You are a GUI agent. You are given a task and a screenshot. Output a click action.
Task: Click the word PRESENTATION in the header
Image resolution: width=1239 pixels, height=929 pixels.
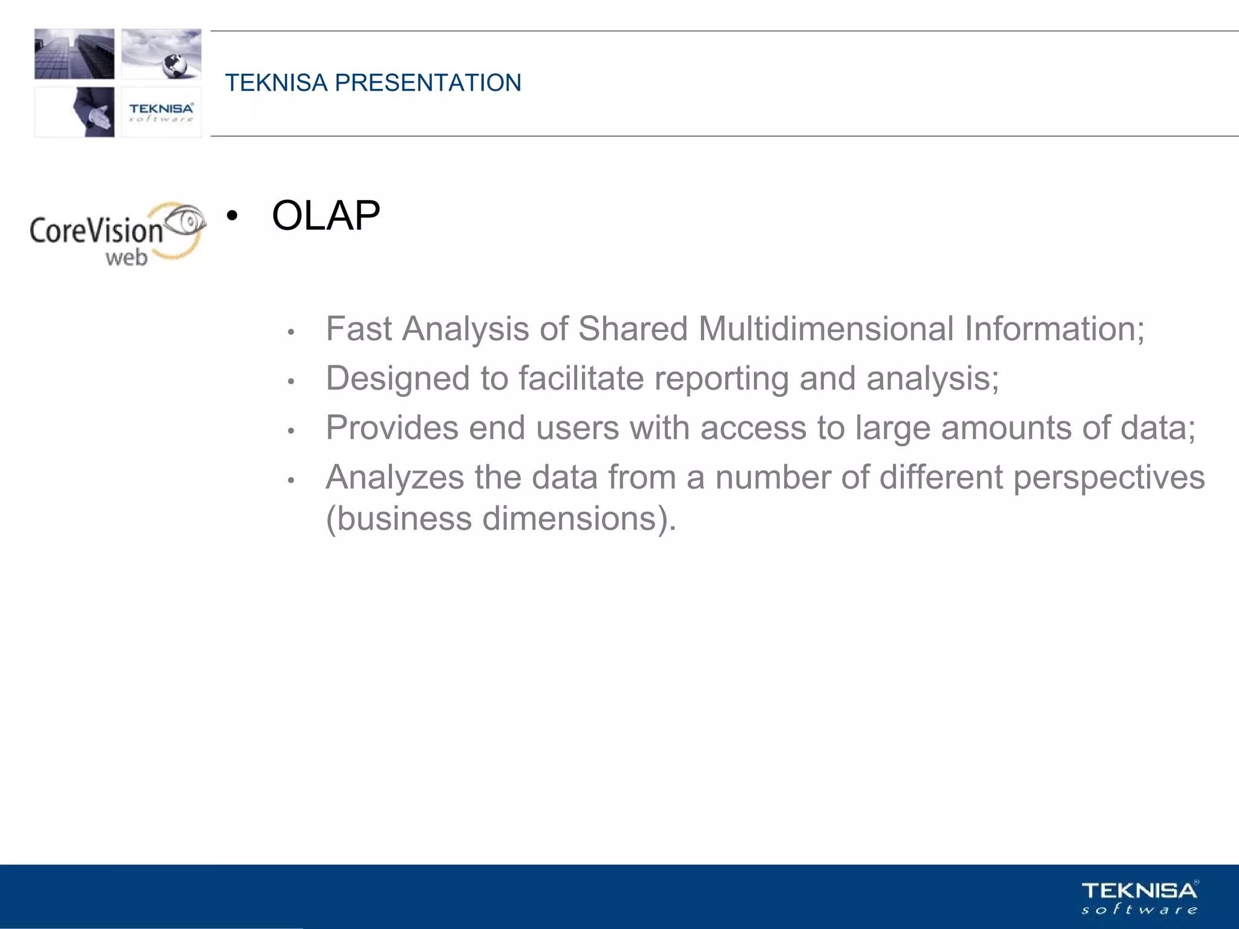click(x=428, y=83)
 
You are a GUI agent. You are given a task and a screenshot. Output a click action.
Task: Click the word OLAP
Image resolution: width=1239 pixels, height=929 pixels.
click(x=325, y=216)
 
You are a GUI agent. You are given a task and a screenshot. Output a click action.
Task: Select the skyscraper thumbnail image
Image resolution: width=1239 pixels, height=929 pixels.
click(x=74, y=54)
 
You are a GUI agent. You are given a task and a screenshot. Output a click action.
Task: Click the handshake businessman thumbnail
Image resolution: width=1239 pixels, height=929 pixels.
click(x=91, y=112)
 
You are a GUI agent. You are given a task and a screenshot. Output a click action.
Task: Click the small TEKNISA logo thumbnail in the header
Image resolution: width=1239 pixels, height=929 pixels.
click(x=161, y=112)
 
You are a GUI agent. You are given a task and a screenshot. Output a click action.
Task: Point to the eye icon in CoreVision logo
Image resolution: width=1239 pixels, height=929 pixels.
click(x=186, y=221)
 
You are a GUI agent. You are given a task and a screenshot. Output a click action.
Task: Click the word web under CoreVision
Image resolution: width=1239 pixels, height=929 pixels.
click(x=126, y=258)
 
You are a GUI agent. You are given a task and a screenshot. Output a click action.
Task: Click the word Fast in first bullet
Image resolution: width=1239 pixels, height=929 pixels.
click(x=359, y=329)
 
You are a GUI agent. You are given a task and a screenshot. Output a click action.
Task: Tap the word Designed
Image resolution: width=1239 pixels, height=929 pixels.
click(x=397, y=379)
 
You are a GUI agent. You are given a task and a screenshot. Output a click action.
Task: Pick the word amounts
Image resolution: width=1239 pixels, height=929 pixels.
click(x=1006, y=428)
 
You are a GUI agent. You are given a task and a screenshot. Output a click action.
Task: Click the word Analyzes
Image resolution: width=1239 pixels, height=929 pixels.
click(x=394, y=478)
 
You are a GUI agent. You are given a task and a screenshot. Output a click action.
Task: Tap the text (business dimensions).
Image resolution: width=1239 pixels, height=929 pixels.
click(x=500, y=519)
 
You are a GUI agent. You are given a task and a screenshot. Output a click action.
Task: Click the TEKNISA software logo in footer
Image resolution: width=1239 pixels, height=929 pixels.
click(x=1139, y=898)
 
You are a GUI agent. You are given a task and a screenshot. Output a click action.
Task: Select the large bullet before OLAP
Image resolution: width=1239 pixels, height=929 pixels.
click(x=232, y=216)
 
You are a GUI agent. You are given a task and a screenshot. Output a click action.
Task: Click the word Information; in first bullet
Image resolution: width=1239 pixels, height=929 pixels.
click(x=1054, y=329)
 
